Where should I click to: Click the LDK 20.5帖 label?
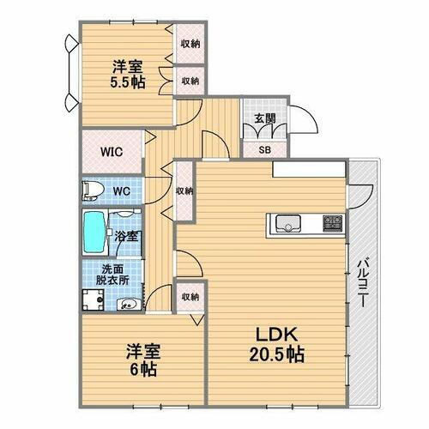(275, 343)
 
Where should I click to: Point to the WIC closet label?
(111, 152)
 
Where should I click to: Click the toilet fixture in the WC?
(92, 189)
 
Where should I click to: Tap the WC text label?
(120, 189)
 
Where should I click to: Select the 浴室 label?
(125, 234)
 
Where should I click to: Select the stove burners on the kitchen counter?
(331, 224)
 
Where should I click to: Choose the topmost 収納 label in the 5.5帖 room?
(190, 43)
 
